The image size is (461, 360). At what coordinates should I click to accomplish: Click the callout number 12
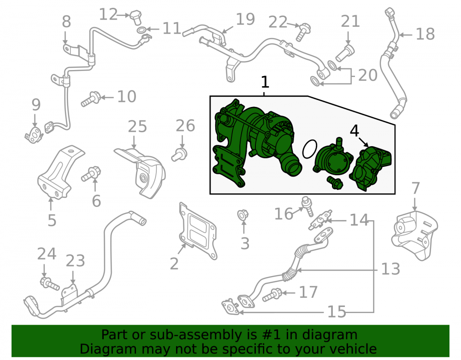108,14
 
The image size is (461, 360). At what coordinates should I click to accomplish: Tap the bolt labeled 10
91,99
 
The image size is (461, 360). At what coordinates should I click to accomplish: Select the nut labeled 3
243,215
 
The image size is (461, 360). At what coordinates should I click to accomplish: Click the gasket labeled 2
198,230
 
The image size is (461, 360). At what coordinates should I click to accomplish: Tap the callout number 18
425,34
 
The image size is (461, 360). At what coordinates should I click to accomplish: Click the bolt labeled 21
345,53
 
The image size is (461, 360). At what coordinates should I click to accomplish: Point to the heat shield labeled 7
414,235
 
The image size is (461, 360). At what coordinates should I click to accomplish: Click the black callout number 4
354,131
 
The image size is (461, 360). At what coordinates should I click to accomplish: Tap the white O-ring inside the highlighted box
310,149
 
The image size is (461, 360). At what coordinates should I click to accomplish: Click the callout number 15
337,312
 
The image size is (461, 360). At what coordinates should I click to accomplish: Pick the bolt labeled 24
50,283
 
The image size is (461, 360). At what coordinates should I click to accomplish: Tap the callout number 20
367,75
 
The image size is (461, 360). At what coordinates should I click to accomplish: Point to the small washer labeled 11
142,30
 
